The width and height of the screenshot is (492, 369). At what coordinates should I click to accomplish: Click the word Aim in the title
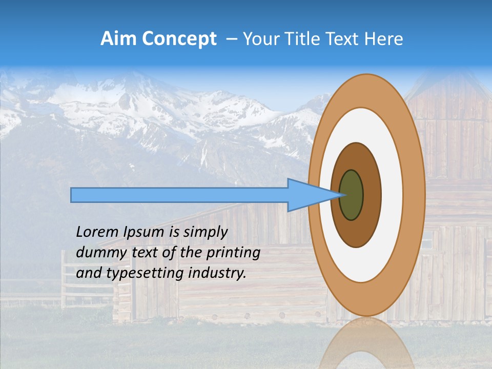click(x=117, y=39)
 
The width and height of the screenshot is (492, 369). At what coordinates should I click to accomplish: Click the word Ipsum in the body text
click(x=144, y=233)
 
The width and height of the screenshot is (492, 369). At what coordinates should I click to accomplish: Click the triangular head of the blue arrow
click(x=307, y=195)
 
